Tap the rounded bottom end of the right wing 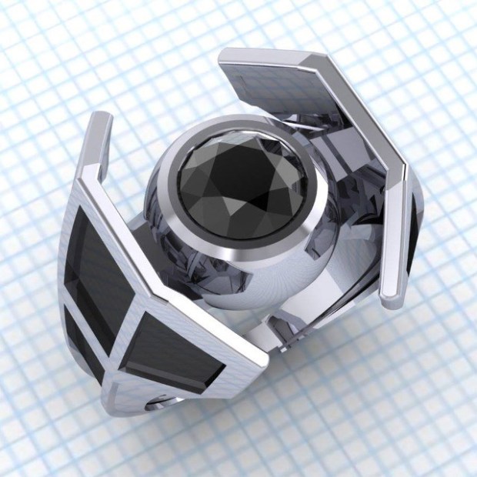point(392,296)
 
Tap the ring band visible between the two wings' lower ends point(308,331)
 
